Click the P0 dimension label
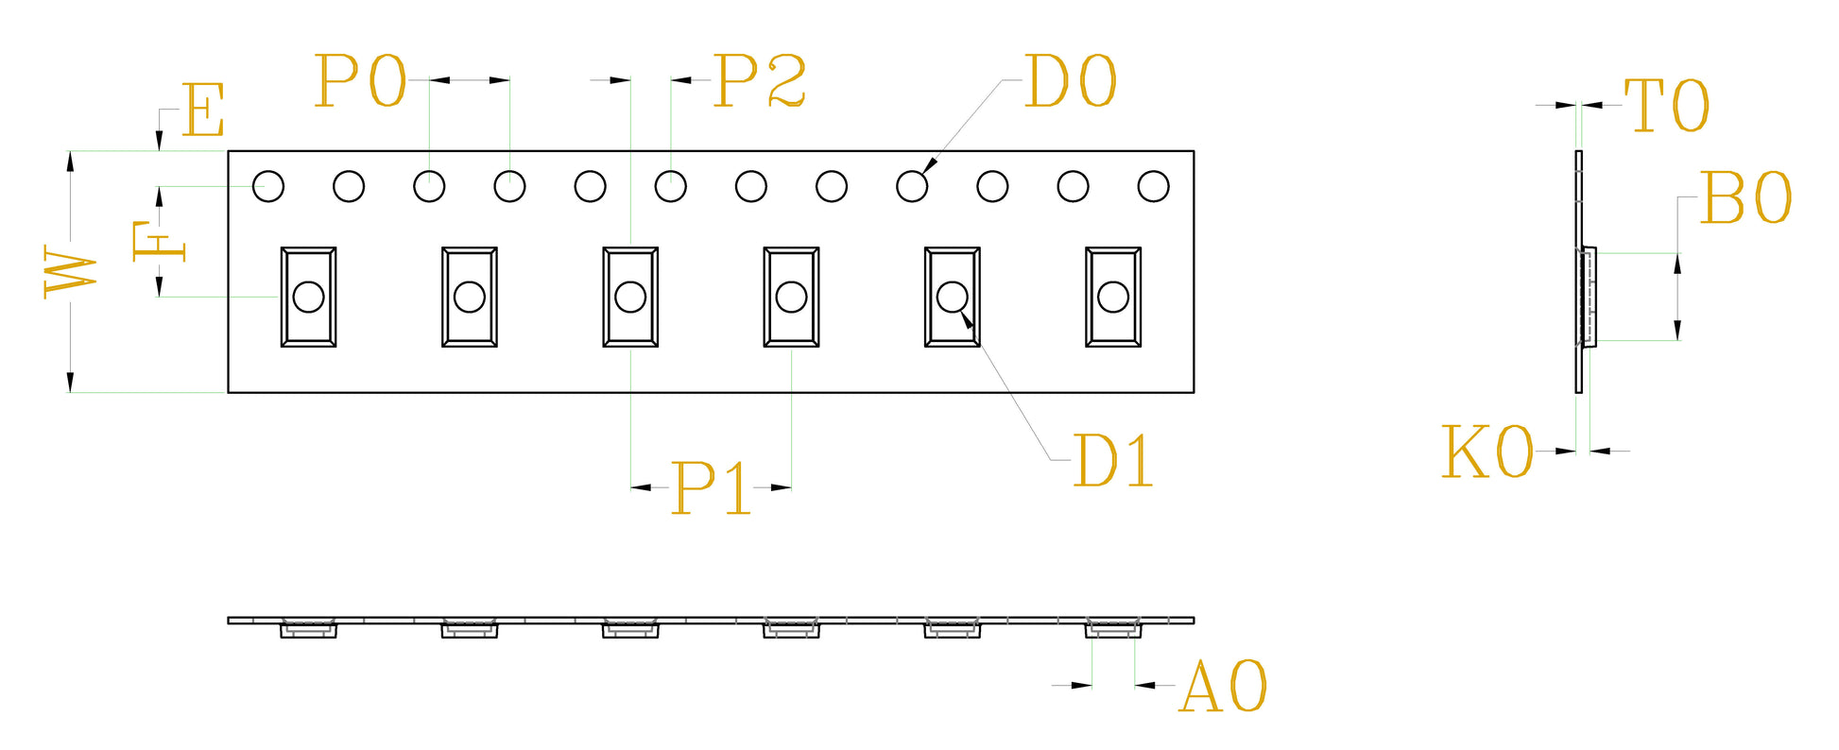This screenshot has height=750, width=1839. pyautogui.click(x=360, y=80)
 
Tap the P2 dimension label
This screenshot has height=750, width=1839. pyautogui.click(x=760, y=80)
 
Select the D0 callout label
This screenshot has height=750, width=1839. pyautogui.click(x=1070, y=81)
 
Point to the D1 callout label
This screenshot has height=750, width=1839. pyautogui.click(x=1113, y=461)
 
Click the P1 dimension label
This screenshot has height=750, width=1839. pyautogui.click(x=711, y=487)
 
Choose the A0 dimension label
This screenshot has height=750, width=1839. pyautogui.click(x=1224, y=686)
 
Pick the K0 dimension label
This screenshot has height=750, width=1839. pyautogui.click(x=1487, y=452)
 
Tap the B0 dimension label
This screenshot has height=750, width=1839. pyautogui.click(x=1745, y=197)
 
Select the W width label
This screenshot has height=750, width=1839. pyautogui.click(x=71, y=273)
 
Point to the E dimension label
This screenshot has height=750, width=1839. pyautogui.click(x=203, y=110)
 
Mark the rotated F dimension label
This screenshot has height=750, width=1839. pyautogui.click(x=159, y=241)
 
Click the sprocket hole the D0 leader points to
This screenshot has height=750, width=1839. pyautogui.click(x=912, y=186)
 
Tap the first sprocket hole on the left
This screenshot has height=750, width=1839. pyautogui.click(x=268, y=186)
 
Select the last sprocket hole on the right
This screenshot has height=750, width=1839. pyautogui.click(x=1153, y=186)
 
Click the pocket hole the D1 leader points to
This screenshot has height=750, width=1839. pyautogui.click(x=952, y=297)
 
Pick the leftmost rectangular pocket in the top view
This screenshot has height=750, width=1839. pyautogui.click(x=308, y=298)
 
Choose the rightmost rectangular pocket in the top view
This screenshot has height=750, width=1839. pyautogui.click(x=1113, y=298)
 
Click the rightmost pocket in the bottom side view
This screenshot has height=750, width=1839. pyautogui.click(x=1113, y=628)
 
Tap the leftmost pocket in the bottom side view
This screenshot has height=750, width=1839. pyautogui.click(x=308, y=628)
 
